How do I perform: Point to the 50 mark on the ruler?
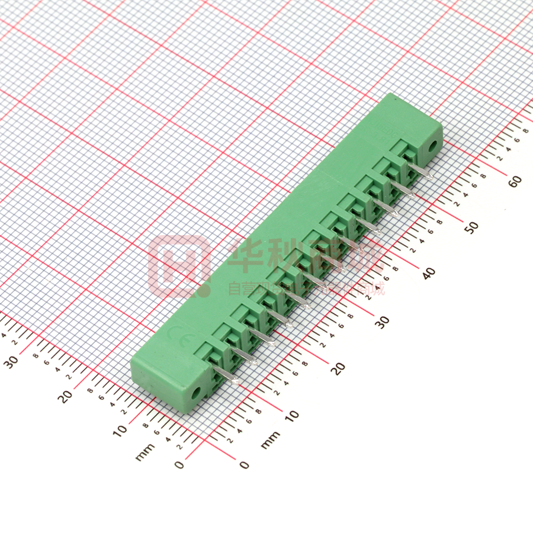[x=472, y=226]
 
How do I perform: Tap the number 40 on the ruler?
[x=428, y=273]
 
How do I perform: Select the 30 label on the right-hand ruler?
[x=383, y=321]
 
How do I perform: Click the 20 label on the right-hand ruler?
[x=338, y=368]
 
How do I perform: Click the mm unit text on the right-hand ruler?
[x=270, y=439]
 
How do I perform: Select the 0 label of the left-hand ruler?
[x=179, y=465]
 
